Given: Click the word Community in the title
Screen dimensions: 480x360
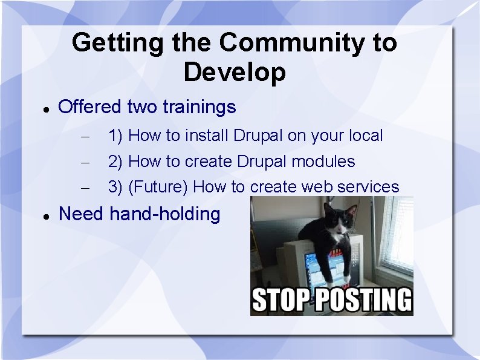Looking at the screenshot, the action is pos(292,42).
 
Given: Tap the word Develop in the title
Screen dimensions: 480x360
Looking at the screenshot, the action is pos(235,73).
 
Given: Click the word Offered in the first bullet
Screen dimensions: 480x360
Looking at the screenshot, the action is pos(89,106).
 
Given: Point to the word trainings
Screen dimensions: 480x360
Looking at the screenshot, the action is pos(199,107).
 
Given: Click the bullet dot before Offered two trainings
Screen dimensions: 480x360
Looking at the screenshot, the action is pos(47,110).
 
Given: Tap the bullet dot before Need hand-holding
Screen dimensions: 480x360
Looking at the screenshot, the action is pos(47,217).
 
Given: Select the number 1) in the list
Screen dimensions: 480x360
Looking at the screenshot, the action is pos(115,136).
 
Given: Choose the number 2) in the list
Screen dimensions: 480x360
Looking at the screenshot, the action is pos(115,162).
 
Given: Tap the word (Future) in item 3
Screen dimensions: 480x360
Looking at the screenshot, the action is pos(158,187).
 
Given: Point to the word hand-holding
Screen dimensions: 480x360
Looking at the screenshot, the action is pos(165,214).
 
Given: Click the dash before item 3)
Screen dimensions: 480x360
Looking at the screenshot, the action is pos(85,188).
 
